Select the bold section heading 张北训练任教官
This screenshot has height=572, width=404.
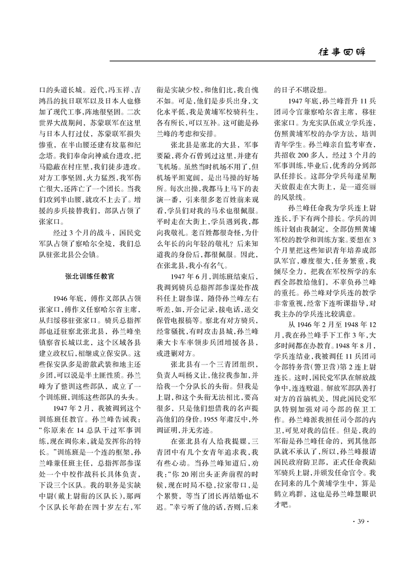click(86, 274)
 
